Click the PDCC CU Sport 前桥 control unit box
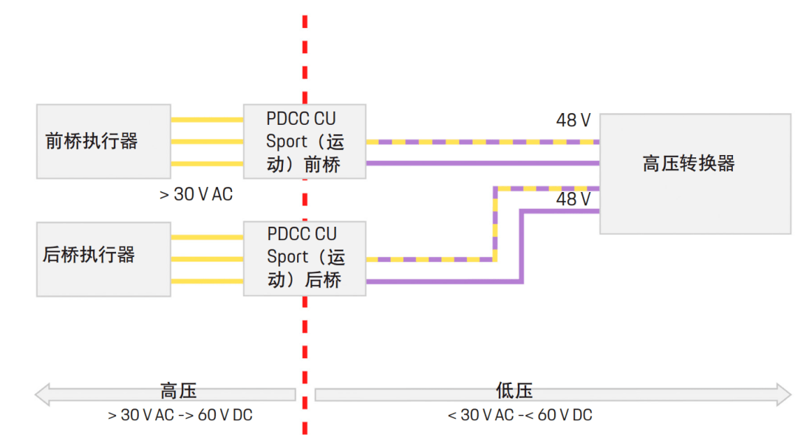tap(304, 141)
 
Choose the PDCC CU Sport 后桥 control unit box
tap(304, 258)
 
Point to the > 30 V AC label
tap(196, 194)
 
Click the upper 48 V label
tap(573, 120)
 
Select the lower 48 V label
tap(573, 199)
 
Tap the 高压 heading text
tap(179, 391)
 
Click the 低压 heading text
tap(514, 391)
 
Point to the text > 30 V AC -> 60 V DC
tap(180, 415)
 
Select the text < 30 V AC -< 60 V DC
tap(519, 415)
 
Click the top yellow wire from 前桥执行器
tap(207, 119)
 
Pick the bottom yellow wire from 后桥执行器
tap(207, 281)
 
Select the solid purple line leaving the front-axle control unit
tap(480, 162)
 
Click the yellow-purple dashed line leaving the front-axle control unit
tap(480, 141)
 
